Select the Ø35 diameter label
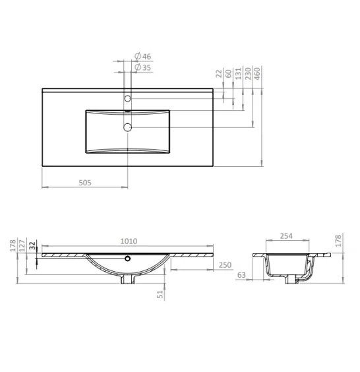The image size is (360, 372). [x=143, y=67]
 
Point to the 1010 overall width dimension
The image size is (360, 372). [x=129, y=241]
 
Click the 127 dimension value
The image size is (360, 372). [x=22, y=246]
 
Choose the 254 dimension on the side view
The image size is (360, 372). [x=285, y=236]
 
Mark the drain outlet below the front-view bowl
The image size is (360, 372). [x=127, y=281]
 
